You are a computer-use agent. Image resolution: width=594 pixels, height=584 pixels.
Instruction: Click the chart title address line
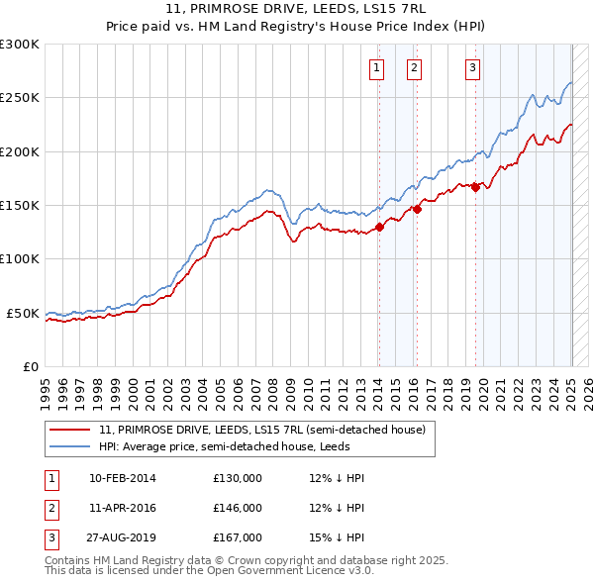coord(297,8)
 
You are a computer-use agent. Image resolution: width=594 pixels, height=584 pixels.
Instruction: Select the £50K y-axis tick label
coord(24,313)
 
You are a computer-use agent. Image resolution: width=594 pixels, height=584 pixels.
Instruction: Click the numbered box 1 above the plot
coord(377,68)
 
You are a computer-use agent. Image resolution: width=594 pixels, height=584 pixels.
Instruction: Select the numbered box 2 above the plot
coord(414,68)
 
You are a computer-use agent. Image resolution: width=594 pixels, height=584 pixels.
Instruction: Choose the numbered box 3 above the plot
coord(473,68)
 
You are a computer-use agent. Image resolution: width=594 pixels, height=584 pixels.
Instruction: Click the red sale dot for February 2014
coord(379,227)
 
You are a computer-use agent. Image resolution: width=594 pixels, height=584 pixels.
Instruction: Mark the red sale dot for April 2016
coord(418,210)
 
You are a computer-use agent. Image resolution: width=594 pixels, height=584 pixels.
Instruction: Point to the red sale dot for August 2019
coord(476,187)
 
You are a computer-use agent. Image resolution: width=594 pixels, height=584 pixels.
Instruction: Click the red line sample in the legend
coord(69,431)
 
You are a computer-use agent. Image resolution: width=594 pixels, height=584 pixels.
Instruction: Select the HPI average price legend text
coord(238,446)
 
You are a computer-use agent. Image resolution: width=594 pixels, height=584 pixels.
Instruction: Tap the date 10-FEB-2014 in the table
coord(123,478)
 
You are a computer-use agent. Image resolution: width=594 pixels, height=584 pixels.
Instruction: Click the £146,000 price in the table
coord(238,508)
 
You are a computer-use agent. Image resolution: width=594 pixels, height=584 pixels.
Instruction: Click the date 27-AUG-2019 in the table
coord(123,537)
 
